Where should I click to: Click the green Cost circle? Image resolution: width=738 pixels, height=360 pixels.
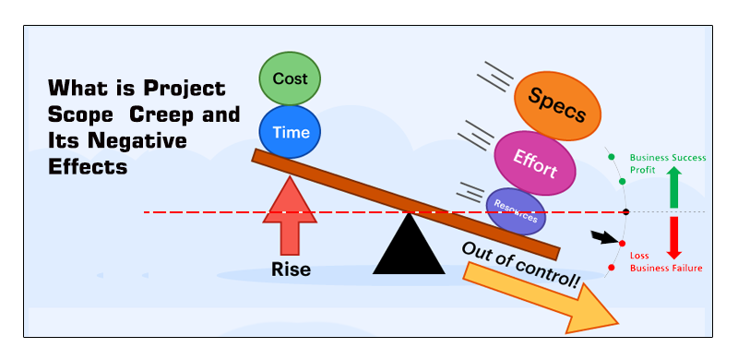point(289,78)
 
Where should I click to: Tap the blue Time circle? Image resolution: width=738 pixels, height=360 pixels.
point(290,131)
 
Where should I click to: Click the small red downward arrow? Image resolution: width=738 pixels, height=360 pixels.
point(673,236)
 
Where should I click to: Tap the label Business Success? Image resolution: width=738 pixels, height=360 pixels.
point(668,158)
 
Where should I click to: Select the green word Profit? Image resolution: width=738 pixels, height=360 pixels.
point(643,171)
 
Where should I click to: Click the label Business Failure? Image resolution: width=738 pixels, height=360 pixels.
point(666,268)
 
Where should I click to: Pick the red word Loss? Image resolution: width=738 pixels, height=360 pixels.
point(639,256)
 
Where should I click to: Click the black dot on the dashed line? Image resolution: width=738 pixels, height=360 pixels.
point(626,212)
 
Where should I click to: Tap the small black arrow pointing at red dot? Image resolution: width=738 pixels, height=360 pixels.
point(604,239)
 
